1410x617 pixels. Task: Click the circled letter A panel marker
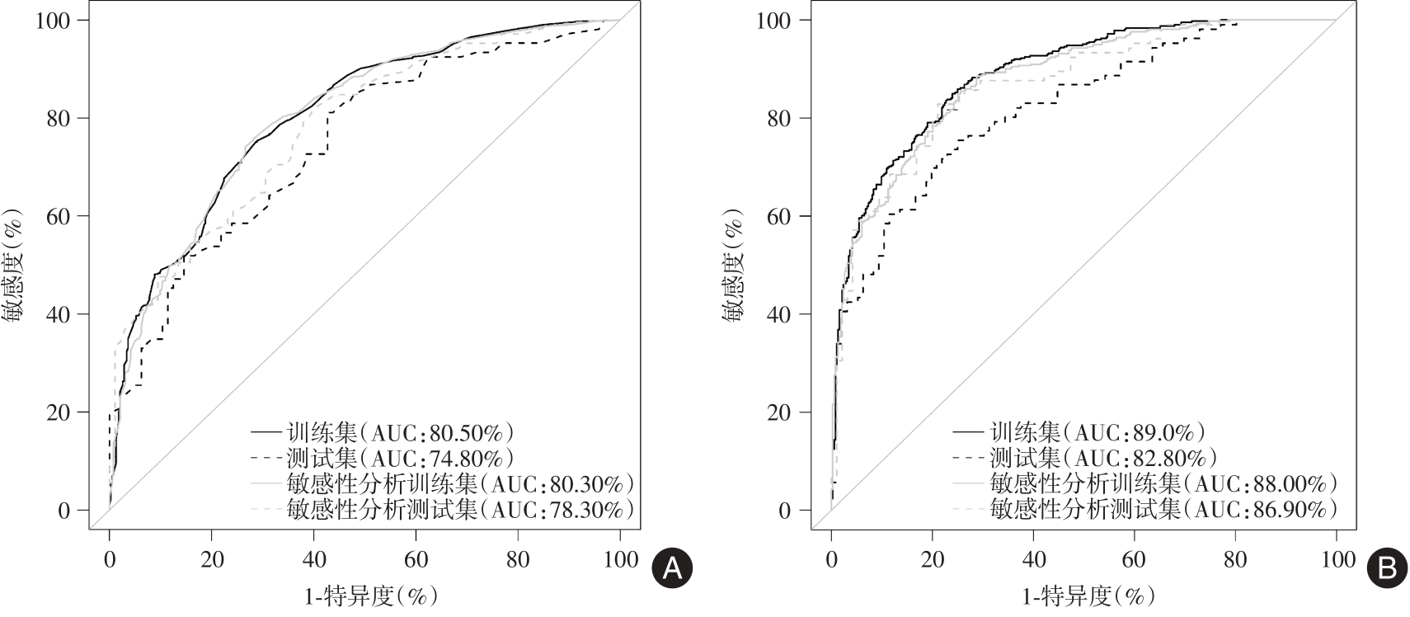[672, 570]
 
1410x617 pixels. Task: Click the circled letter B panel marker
[1388, 570]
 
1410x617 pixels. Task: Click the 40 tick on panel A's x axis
[313, 560]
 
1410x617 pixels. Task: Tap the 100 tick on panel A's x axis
[620, 560]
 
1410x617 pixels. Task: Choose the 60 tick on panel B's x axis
[1134, 560]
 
